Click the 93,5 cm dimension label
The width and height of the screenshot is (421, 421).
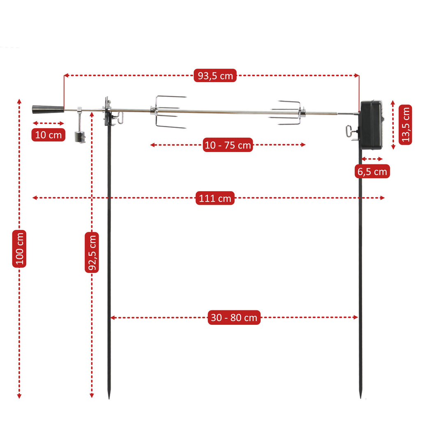point(215,76)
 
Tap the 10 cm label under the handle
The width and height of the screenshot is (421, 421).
point(49,134)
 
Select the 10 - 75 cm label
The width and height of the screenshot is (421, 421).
point(227,145)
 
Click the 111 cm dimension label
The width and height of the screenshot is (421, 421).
point(215,198)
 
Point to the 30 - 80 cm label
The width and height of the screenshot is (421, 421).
point(234,317)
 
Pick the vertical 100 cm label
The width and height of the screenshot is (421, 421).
point(19,249)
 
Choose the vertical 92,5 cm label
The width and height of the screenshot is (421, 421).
point(92,252)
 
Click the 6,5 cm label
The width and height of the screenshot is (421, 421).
point(372,171)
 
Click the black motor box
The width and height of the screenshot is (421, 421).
point(370,124)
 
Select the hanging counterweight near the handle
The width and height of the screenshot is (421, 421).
point(80,136)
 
